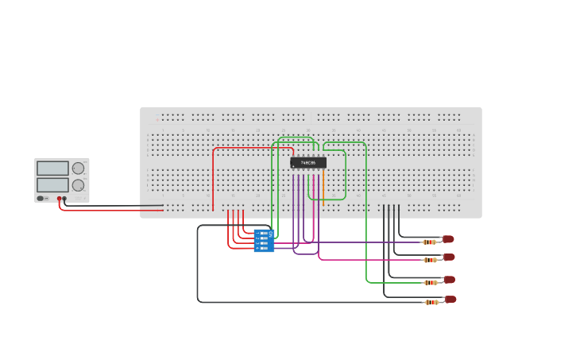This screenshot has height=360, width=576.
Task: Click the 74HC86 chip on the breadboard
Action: click(x=307, y=162)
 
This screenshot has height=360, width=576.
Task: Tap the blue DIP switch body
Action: click(x=264, y=240)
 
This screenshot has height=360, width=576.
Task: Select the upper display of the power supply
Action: click(x=52, y=168)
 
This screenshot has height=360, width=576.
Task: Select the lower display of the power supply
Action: click(x=52, y=185)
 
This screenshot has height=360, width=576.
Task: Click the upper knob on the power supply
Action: click(x=78, y=168)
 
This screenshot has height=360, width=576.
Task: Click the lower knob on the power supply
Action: click(x=78, y=185)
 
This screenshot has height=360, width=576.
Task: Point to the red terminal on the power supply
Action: click(x=59, y=199)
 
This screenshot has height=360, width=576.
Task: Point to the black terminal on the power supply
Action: click(x=64, y=199)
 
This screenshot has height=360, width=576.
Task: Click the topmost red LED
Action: click(x=448, y=239)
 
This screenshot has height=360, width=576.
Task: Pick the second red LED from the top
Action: click(x=449, y=257)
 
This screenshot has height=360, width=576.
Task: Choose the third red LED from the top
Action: click(x=449, y=280)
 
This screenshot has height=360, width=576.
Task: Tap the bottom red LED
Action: click(x=450, y=300)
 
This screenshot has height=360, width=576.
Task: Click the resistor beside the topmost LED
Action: click(x=429, y=242)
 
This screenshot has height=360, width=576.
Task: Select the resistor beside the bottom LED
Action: click(x=431, y=302)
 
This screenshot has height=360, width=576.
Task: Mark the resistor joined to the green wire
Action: click(x=431, y=282)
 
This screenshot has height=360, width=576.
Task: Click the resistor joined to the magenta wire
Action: click(x=430, y=260)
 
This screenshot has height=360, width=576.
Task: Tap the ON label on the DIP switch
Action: click(x=270, y=234)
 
